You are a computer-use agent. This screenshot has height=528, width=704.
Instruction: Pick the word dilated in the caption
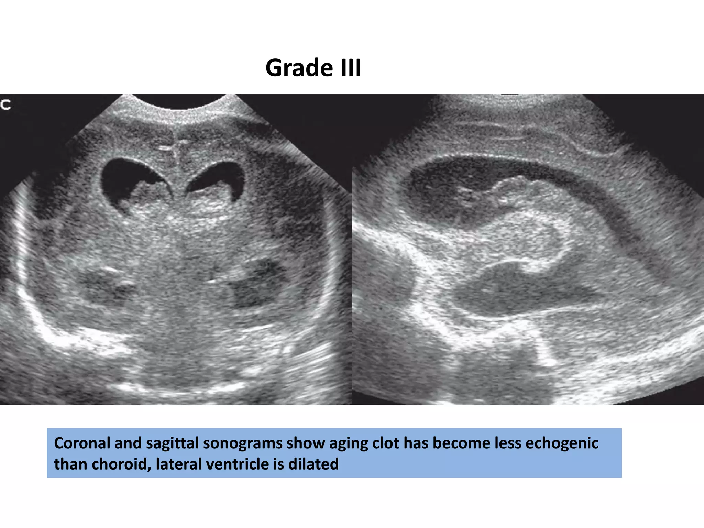[313, 464]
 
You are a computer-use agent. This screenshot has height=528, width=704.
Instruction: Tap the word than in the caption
[70, 464]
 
